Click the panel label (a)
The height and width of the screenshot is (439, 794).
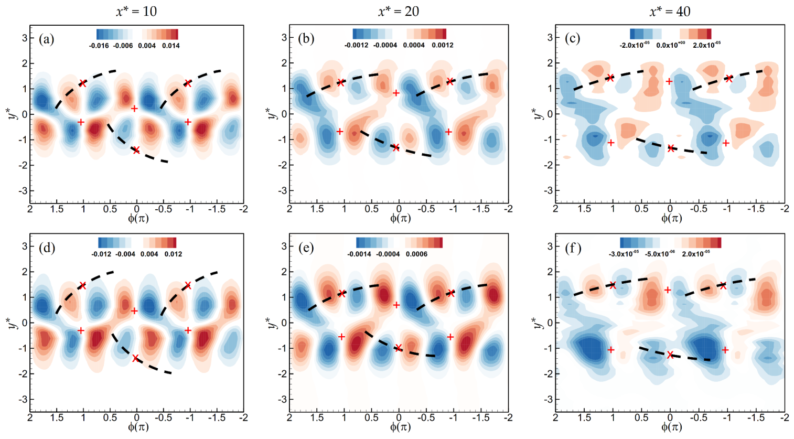[x=47, y=39]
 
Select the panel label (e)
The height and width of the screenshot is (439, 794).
[x=306, y=248]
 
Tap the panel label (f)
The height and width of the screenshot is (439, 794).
[x=573, y=248]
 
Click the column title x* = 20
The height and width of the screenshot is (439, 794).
[x=398, y=11]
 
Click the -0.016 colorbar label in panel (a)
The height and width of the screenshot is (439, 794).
[x=99, y=46]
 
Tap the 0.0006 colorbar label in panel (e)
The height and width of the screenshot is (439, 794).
[x=416, y=254]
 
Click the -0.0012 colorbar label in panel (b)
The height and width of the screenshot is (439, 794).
[x=356, y=45]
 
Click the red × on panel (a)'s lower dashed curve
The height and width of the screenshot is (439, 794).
[x=136, y=150]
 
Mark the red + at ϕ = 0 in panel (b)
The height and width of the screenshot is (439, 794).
[x=396, y=93]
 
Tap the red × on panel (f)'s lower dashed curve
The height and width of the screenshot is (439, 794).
[x=670, y=355]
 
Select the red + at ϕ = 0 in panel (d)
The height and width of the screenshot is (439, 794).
[x=134, y=311]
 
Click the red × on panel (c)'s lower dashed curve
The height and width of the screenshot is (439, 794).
[x=671, y=148]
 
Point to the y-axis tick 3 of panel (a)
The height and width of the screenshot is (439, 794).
[x=23, y=37]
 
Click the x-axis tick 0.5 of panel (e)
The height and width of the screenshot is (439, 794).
[x=372, y=417]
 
